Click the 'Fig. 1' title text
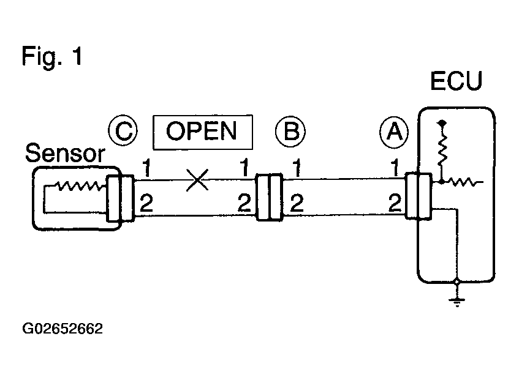click(x=52, y=56)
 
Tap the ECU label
click(x=456, y=81)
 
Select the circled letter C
click(x=123, y=130)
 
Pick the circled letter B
click(x=290, y=131)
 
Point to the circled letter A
click(x=394, y=132)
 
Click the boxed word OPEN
click(x=203, y=132)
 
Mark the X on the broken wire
click(x=197, y=180)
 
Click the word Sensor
click(x=65, y=154)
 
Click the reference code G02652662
click(x=63, y=329)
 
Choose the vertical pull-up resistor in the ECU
click(x=442, y=149)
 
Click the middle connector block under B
click(x=270, y=197)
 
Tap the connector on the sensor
click(x=120, y=198)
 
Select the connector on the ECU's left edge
click(x=419, y=196)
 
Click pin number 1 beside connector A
click(x=395, y=168)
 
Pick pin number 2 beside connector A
click(x=395, y=203)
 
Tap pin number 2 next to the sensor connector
click(x=146, y=203)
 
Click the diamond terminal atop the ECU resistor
click(x=442, y=123)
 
